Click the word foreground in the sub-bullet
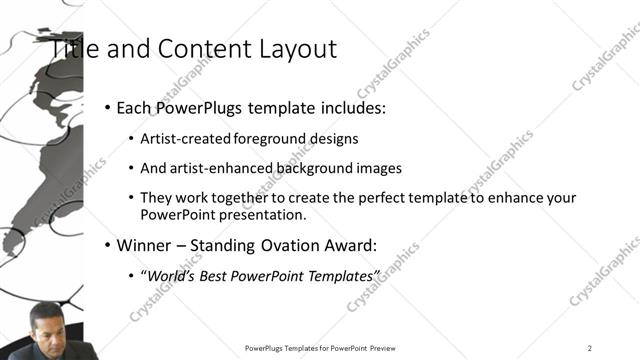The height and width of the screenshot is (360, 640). click(269, 139)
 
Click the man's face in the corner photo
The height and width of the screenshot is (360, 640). click(45, 322)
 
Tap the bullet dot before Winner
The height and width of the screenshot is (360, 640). click(108, 244)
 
